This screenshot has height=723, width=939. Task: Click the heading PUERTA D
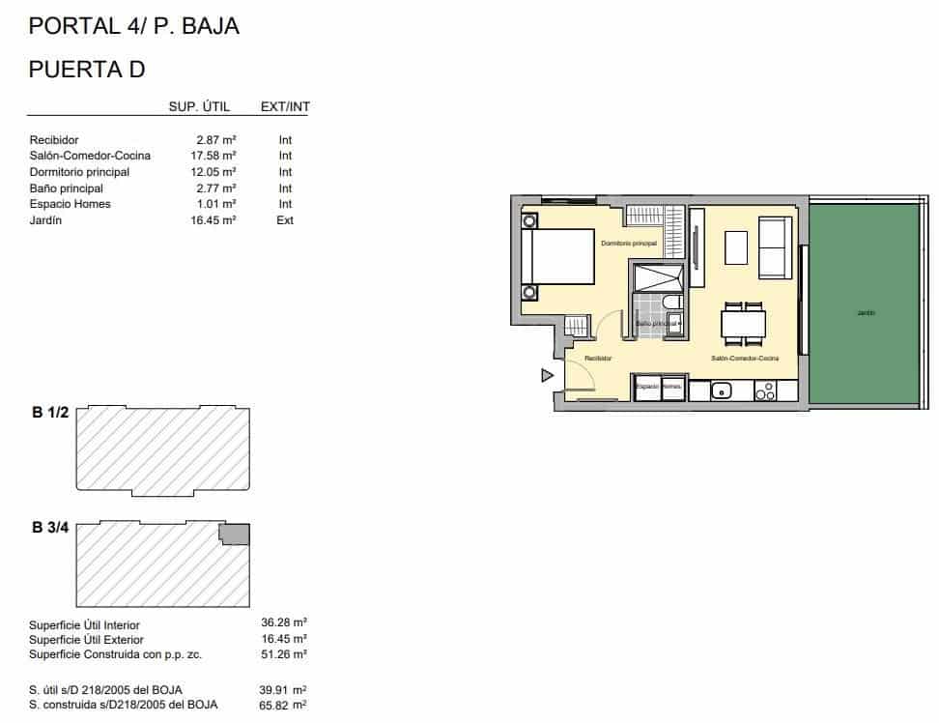(87, 69)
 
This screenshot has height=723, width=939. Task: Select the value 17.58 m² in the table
(215, 156)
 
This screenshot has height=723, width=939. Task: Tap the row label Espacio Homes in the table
(70, 204)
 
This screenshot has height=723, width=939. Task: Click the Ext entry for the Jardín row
(285, 220)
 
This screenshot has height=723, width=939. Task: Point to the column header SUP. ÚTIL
(199, 106)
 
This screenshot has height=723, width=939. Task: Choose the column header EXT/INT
(285, 106)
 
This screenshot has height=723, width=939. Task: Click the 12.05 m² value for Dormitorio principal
(215, 172)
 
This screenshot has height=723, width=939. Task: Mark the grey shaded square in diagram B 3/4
(235, 534)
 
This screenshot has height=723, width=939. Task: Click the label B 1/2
(50, 413)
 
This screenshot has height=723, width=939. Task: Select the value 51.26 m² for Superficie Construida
(287, 654)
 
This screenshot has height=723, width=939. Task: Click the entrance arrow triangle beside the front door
(547, 375)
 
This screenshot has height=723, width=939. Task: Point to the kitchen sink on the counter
(721, 390)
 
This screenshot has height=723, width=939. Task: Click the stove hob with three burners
(764, 390)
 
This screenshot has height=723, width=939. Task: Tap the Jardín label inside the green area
(865, 312)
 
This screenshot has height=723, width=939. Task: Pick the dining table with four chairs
(743, 323)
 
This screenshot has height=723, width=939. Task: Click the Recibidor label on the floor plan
(598, 359)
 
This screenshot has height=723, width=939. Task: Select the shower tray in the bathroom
(657, 278)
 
